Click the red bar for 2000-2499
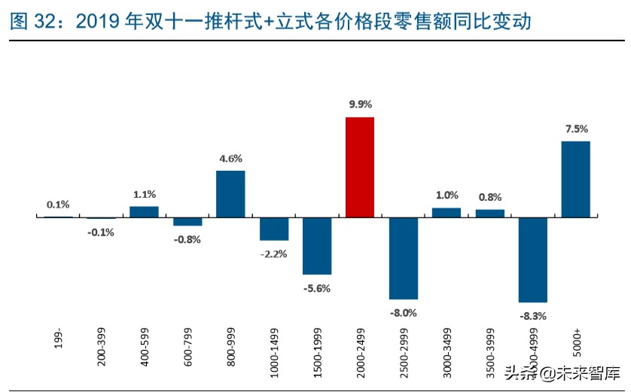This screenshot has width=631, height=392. (x=360, y=167)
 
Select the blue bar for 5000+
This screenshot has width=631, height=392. (x=575, y=179)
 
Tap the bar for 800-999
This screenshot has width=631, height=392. (x=230, y=194)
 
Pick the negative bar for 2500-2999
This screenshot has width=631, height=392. (x=404, y=258)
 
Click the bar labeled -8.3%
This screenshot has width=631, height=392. (x=532, y=260)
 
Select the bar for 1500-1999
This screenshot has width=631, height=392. (x=317, y=246)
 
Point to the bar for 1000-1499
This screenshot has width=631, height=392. (x=274, y=229)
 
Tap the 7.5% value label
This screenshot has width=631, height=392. (x=576, y=129)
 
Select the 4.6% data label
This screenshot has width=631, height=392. (x=230, y=158)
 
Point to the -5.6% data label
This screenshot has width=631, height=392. (x=317, y=287)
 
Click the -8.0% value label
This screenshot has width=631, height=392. (x=404, y=312)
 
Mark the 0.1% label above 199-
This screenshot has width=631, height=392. (x=58, y=204)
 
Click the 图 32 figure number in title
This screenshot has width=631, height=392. (x=31, y=23)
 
